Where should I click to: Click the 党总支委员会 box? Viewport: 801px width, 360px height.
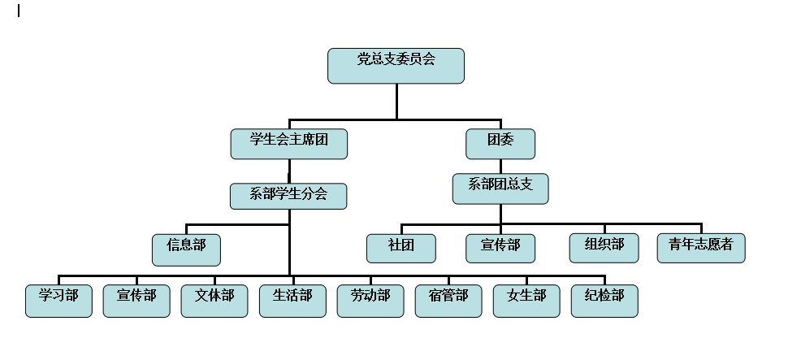click(x=396, y=66)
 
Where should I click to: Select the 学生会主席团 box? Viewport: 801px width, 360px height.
click(x=289, y=144)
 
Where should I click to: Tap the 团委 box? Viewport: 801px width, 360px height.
click(x=500, y=144)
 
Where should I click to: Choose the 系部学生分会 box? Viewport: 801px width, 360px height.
click(x=288, y=196)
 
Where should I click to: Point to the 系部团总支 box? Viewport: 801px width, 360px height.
click(x=500, y=189)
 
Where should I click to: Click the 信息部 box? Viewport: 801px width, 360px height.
click(x=186, y=249)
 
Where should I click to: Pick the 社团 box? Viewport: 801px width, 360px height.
click(x=400, y=248)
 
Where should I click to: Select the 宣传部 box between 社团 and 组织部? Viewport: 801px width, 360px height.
click(x=500, y=248)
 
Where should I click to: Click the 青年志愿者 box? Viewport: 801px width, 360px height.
click(x=701, y=248)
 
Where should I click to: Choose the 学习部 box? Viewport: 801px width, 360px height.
click(x=58, y=301)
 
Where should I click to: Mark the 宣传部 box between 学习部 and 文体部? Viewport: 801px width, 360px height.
click(x=136, y=301)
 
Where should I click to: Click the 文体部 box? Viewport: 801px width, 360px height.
click(x=214, y=301)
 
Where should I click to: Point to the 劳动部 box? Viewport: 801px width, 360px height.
click(x=370, y=301)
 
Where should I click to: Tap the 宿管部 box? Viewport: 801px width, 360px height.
click(x=448, y=301)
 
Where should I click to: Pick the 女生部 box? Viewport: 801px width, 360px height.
click(x=526, y=301)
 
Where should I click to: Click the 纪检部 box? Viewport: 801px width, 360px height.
click(x=604, y=301)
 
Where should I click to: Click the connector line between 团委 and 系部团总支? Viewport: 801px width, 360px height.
click(x=500, y=167)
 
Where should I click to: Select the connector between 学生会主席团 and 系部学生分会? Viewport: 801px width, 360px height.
click(x=289, y=171)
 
